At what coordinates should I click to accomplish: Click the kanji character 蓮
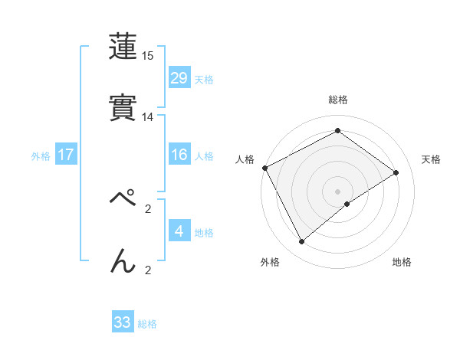123,47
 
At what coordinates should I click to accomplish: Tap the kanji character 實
123,107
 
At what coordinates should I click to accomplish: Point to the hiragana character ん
123,261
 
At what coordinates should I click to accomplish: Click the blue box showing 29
179,78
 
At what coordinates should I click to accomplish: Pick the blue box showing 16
179,155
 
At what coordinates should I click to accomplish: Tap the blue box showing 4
179,231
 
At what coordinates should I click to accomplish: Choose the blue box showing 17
66,155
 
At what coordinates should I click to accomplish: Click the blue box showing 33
123,322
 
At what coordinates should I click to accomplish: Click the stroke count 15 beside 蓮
148,56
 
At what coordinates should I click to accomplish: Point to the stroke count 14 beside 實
148,117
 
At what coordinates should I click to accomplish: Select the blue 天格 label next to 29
204,79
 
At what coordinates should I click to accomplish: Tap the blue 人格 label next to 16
204,155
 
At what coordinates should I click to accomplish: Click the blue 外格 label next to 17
41,155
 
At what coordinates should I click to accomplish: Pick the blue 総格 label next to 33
147,323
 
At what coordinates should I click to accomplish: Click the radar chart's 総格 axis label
338,100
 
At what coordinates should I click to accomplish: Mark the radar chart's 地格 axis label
402,262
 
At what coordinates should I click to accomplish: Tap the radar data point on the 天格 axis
396,172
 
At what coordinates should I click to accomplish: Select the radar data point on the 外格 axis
301,242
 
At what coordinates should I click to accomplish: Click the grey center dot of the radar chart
338,191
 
